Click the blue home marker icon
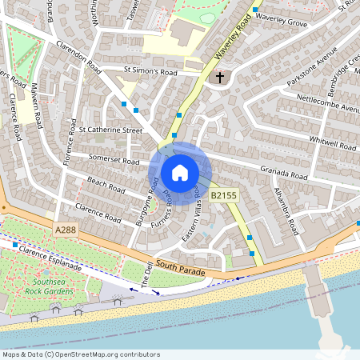pos(180,172)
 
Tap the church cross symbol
pos(219,78)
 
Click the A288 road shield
pos(67,230)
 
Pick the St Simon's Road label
pos(150,71)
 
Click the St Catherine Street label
pos(110,129)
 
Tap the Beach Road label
pos(106,186)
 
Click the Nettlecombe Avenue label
pos(328,103)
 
